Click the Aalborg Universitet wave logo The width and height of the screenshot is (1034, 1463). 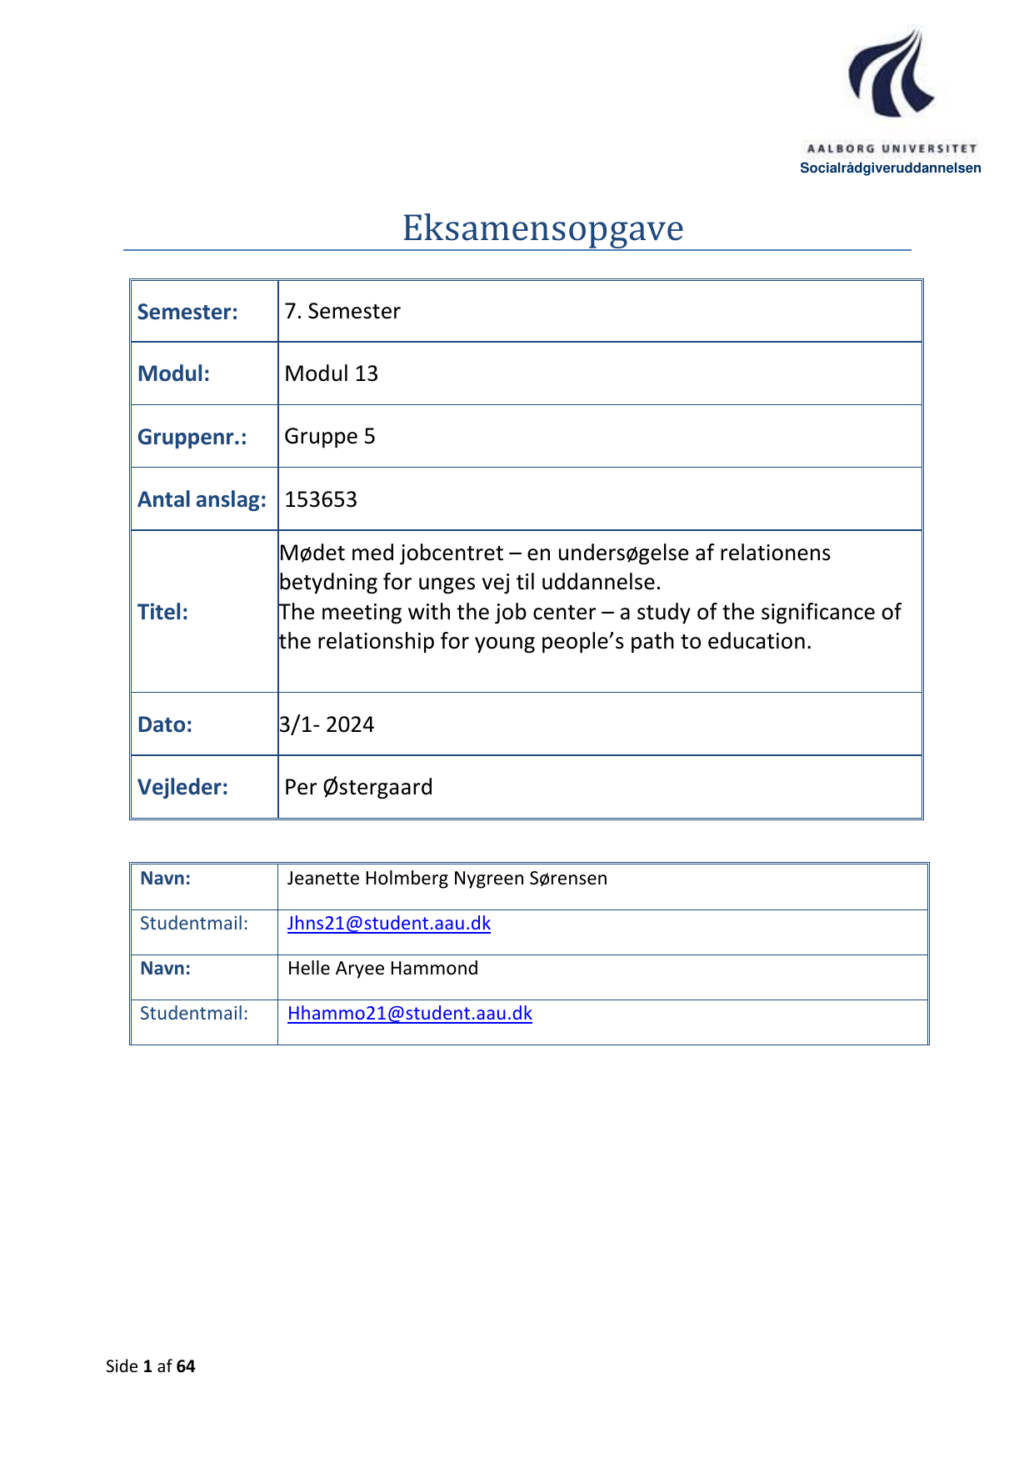(x=890, y=73)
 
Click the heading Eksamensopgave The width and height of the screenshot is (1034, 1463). (x=542, y=228)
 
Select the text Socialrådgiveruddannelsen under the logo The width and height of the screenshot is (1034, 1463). (x=890, y=168)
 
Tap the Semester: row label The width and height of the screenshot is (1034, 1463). (x=187, y=312)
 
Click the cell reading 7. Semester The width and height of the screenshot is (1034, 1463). (x=342, y=311)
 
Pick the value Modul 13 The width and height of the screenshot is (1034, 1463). (x=331, y=373)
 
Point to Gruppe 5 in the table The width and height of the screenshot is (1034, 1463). (x=329, y=436)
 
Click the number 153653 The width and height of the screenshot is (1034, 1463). (x=321, y=499)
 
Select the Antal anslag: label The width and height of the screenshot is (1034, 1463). (x=202, y=499)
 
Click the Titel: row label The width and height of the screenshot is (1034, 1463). (x=162, y=612)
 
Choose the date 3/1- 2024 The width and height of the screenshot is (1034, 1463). (x=327, y=724)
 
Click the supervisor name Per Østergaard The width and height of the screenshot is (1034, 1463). (x=358, y=787)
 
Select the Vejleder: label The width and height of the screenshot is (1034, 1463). (x=182, y=787)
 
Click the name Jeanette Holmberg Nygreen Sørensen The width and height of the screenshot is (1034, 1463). (x=447, y=878)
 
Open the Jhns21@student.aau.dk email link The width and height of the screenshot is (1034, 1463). (x=388, y=923)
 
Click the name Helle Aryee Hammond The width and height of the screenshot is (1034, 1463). (x=382, y=968)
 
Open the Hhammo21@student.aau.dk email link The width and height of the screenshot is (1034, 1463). (x=409, y=1013)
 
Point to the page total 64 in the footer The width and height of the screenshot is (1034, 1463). (x=186, y=1365)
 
